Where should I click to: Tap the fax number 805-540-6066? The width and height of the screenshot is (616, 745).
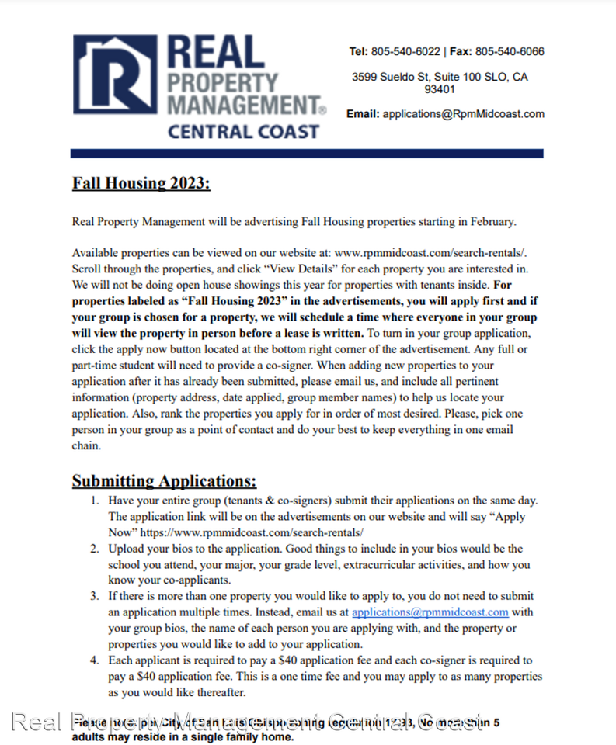tap(510, 52)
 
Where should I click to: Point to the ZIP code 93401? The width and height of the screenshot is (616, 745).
tap(440, 89)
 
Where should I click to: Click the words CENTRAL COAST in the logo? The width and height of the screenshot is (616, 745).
tap(243, 131)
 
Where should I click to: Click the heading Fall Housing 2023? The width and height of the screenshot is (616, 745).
tap(141, 184)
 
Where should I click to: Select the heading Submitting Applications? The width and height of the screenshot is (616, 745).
tap(164, 481)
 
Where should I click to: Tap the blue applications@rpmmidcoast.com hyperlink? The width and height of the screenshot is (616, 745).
tap(430, 612)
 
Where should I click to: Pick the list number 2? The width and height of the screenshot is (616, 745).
tap(94, 549)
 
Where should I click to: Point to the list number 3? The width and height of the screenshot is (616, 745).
tap(94, 596)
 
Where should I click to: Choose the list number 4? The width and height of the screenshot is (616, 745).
tap(94, 660)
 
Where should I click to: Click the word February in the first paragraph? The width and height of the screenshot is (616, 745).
tap(492, 222)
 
